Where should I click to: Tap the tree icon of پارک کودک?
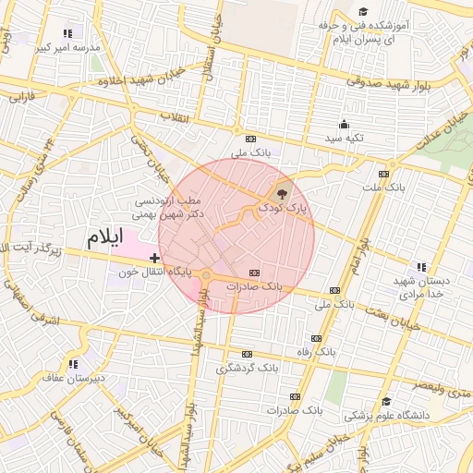tap(279, 194)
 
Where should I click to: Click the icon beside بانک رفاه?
tap(318, 339)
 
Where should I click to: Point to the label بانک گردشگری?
tap(246, 367)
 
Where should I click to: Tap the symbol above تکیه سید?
tap(345, 125)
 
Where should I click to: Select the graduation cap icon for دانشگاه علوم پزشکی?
tap(386, 401)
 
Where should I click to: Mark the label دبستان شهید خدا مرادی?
tap(421, 286)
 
